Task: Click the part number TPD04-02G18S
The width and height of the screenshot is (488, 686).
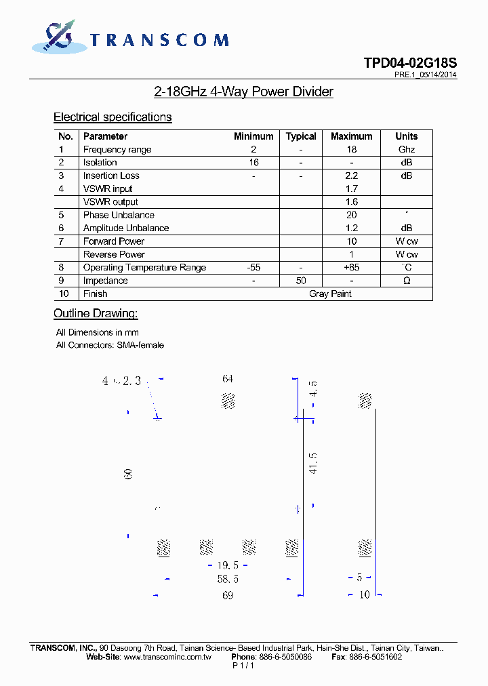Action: coord(409,63)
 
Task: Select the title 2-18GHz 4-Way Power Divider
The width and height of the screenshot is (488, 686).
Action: coord(243,92)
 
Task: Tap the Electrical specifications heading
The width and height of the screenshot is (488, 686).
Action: coord(113,117)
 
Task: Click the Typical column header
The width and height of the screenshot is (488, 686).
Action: coord(301,136)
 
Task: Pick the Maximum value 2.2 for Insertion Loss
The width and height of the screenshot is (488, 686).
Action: coord(351,176)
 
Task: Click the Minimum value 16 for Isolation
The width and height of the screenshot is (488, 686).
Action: coord(253,163)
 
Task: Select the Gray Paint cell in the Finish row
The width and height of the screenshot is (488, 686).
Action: coord(330,294)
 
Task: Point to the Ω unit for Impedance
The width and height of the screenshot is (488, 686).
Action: coord(406,281)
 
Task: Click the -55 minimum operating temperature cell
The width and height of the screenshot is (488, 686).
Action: coord(253,268)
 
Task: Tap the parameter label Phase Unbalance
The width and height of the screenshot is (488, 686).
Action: coord(119,215)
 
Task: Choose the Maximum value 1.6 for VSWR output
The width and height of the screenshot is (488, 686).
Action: coord(351,202)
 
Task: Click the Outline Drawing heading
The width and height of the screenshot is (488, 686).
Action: coord(96,314)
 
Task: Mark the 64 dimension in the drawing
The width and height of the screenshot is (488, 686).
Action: coord(228,379)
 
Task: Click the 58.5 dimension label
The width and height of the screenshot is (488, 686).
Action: coord(228,580)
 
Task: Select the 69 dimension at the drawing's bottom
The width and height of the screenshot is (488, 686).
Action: coord(228,595)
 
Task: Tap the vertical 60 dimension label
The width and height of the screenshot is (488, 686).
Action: coord(128,475)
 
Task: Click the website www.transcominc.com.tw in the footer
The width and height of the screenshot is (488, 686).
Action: coord(167,657)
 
